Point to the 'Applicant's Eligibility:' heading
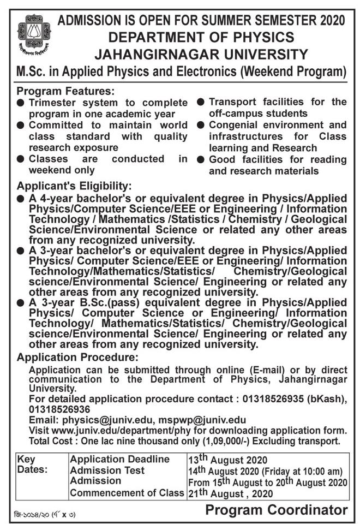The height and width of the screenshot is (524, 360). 74,186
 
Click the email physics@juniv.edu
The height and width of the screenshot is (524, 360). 107,420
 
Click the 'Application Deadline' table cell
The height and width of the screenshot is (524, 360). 119,460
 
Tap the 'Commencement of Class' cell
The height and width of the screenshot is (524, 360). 127,493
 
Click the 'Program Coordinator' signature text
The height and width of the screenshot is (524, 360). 277,510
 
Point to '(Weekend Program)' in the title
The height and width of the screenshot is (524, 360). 294,72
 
